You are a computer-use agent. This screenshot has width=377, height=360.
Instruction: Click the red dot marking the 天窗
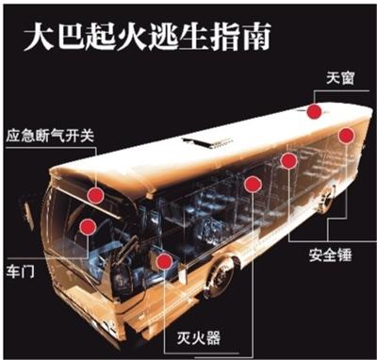[313, 112]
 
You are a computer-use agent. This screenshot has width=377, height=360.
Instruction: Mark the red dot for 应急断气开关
[96, 195]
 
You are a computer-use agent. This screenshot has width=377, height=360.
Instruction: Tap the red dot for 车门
[88, 226]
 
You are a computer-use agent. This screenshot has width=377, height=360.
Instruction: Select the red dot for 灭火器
[165, 261]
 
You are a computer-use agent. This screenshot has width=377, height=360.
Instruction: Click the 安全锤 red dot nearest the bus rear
[346, 137]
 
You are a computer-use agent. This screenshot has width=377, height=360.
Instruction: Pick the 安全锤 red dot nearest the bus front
[252, 184]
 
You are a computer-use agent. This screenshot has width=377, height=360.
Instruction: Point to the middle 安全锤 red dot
[288, 162]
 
